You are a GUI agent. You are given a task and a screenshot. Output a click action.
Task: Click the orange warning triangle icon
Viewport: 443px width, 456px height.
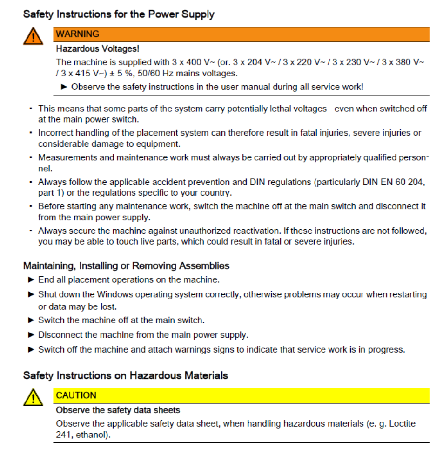[33, 36]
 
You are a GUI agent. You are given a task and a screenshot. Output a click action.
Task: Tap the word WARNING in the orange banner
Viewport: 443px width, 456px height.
[78, 34]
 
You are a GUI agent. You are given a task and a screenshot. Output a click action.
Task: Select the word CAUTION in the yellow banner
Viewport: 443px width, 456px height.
[76, 395]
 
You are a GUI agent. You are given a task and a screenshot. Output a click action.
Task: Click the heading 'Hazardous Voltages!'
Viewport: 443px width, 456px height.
[98, 48]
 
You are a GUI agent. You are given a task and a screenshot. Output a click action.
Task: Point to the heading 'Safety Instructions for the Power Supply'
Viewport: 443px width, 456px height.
[119, 14]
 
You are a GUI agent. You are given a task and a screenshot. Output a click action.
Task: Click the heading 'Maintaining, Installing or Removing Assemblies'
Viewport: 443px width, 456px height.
[126, 266]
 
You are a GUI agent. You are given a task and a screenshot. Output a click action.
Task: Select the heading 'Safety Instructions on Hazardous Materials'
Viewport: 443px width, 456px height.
[126, 375]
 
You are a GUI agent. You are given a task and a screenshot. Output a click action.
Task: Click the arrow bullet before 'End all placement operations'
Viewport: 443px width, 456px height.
[31, 280]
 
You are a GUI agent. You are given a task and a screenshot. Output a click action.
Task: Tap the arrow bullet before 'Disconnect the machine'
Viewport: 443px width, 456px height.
[31, 335]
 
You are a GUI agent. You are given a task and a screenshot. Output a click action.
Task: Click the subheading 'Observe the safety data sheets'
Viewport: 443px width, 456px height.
[118, 410]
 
